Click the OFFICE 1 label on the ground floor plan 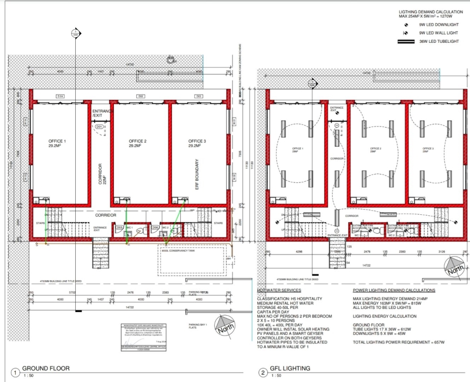click(57, 142)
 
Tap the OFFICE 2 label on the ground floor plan click(138, 142)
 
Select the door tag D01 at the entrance click(99, 126)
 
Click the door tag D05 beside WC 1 click(119, 227)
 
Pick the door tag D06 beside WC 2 click(155, 227)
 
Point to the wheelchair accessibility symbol click(170, 60)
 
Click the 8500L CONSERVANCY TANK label click(177, 251)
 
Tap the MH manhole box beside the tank click(228, 259)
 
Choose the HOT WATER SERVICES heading click(279, 290)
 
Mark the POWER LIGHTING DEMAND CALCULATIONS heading click(394, 290)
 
